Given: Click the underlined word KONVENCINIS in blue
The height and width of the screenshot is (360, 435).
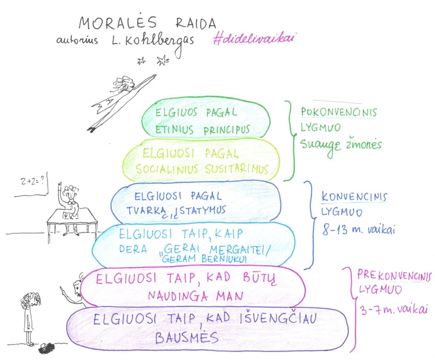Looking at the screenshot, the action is click(x=354, y=197).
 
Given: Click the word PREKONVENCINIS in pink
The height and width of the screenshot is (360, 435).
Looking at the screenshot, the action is click(x=394, y=276).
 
